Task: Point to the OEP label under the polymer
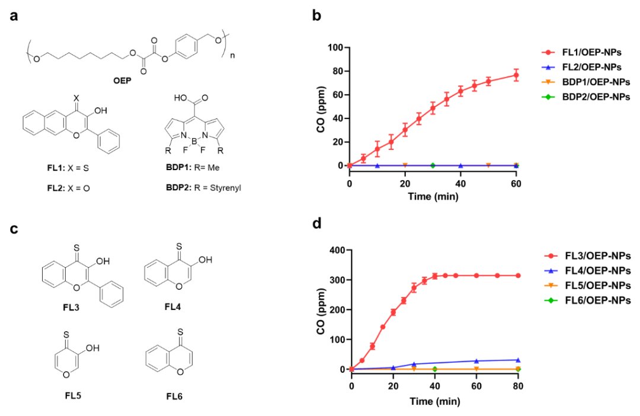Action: [x=122, y=81]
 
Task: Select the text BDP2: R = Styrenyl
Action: [x=204, y=188]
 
